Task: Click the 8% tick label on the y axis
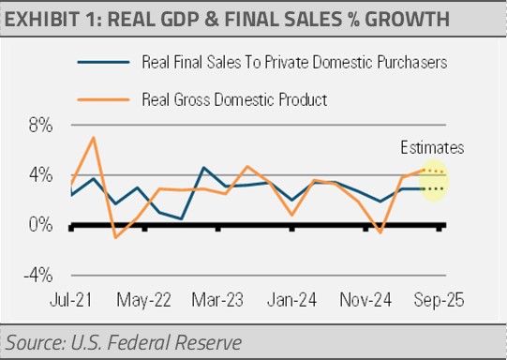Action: pos(40,126)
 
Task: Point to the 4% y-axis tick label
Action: pos(40,175)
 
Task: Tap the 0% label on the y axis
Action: pos(40,225)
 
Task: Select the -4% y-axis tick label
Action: pos(38,276)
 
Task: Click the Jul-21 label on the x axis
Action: pos(71,300)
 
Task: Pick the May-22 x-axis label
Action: pos(143,300)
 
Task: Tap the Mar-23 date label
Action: pos(217,300)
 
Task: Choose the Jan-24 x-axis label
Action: pos(291,300)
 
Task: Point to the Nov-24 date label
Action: pos(365,300)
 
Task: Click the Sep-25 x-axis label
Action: pos(440,300)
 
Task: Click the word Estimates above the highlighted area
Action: pos(432,148)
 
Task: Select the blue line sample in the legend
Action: pos(103,62)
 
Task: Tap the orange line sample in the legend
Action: pos(103,99)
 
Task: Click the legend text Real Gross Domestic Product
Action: pos(234,99)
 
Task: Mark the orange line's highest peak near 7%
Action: pos(94,138)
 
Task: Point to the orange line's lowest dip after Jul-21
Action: pos(115,238)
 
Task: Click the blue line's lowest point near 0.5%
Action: pos(182,219)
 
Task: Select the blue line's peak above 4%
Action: pos(203,168)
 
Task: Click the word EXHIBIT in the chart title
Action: pos(42,19)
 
